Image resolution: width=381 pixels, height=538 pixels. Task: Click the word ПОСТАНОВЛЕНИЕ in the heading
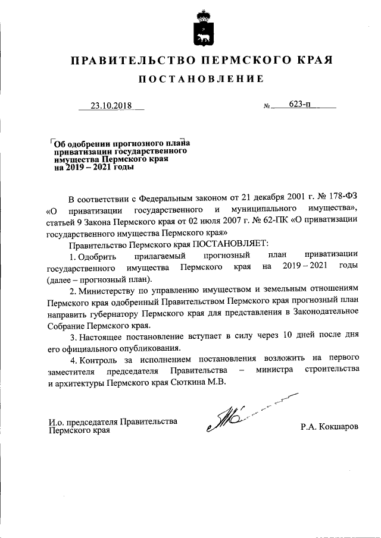pyautogui.click(x=201, y=79)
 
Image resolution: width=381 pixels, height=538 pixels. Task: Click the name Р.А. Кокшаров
pyautogui.click(x=330, y=427)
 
